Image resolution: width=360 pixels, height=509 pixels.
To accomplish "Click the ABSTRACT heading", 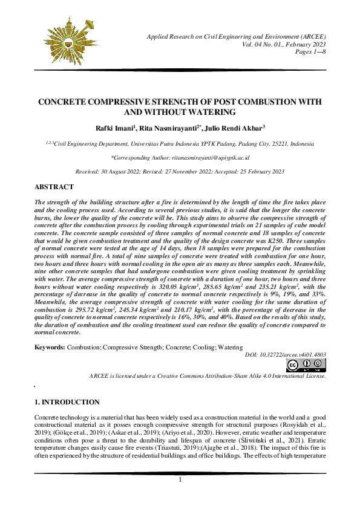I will (54, 187).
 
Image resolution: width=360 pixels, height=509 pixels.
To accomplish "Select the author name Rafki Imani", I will (116, 128).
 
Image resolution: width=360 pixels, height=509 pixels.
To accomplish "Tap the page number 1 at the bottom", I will (180, 497).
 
